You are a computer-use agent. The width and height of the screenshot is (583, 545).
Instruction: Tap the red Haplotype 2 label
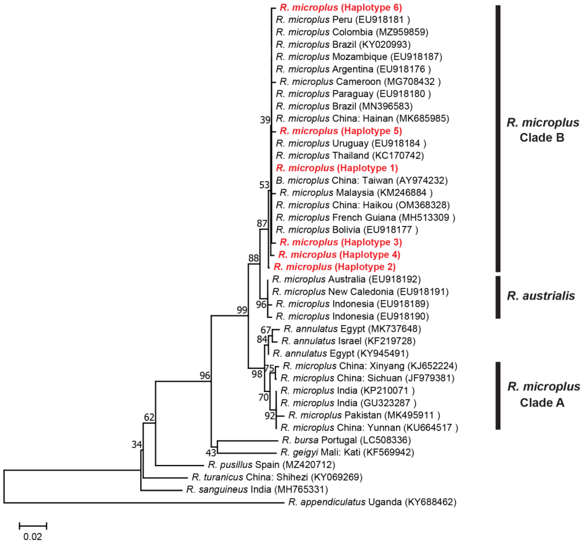[334, 267]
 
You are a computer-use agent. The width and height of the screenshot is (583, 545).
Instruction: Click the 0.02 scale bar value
[32, 537]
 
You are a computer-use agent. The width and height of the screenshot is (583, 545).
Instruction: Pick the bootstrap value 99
[242, 310]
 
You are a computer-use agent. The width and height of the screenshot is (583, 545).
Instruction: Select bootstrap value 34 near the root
[137, 444]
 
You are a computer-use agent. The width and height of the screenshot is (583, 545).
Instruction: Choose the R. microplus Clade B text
[543, 130]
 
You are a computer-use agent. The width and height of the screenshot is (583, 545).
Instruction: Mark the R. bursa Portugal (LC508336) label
[346, 440]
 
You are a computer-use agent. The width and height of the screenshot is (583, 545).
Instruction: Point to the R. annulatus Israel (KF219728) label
[348, 341]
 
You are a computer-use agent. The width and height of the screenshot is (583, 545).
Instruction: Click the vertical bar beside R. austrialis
[498, 297]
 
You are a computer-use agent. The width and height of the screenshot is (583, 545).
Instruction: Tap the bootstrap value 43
[211, 453]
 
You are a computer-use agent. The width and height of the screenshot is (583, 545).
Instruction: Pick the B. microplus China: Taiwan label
[362, 181]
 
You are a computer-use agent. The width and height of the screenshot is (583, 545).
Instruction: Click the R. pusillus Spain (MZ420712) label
[271, 465]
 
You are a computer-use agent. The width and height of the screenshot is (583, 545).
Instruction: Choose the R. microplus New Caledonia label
[360, 292]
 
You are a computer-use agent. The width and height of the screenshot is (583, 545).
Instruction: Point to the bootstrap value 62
[149, 417]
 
